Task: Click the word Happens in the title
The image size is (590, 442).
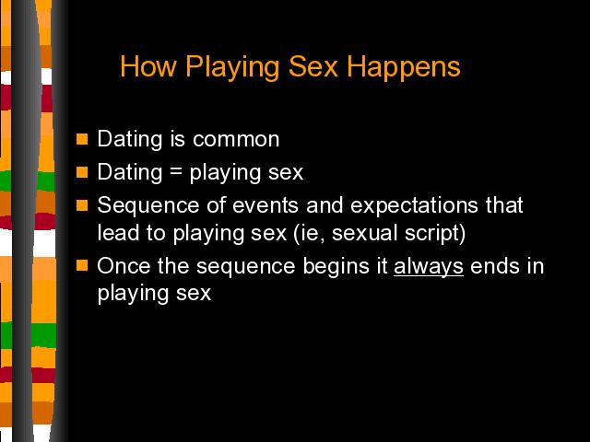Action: pyautogui.click(x=404, y=67)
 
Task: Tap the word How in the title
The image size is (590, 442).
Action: pyautogui.click(x=148, y=66)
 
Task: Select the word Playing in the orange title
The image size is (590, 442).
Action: pyautogui.click(x=232, y=67)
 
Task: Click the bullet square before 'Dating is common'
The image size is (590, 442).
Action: pyautogui.click(x=82, y=139)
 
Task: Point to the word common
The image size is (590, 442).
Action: pyautogui.click(x=236, y=139)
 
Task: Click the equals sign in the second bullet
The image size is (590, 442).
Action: pyautogui.click(x=176, y=172)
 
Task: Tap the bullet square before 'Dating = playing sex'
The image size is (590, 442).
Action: pyautogui.click(x=82, y=172)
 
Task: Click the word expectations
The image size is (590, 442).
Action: pyautogui.click(x=414, y=206)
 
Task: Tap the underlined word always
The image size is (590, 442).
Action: pyautogui.click(x=429, y=267)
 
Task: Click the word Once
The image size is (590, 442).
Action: pyautogui.click(x=124, y=266)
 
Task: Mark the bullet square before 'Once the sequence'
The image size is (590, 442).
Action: pyautogui.click(x=82, y=265)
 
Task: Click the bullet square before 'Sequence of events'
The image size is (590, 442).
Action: pyautogui.click(x=82, y=205)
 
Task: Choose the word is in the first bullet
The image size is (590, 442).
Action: pyautogui.click(x=178, y=139)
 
